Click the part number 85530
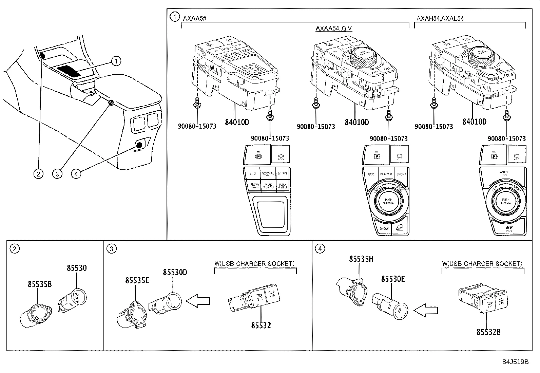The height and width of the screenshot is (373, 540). tap(77, 268)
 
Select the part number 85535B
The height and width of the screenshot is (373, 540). tap(40, 284)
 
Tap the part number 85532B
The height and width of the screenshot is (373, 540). tap(488, 332)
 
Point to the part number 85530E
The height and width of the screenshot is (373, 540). tap(393, 279)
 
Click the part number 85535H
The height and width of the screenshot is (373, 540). tap(361, 259)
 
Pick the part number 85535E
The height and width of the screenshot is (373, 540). tap(137, 280)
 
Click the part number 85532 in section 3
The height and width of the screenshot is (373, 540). tap(261, 325)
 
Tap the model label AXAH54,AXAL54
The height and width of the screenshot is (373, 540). tap(440, 18)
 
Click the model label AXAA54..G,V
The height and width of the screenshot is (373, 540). tap(334, 28)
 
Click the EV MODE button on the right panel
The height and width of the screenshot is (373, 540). tap(509, 228)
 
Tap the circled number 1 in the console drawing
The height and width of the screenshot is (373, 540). tap(116, 61)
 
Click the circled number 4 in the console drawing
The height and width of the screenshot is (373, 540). tap(76, 174)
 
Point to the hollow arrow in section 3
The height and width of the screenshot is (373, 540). tap(198, 300)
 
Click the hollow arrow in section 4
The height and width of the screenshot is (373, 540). tap(426, 309)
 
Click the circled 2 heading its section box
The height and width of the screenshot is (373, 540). tap(14, 249)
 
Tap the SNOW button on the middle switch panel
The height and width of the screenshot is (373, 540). tap(384, 228)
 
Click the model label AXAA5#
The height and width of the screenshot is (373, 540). tap(195, 18)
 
